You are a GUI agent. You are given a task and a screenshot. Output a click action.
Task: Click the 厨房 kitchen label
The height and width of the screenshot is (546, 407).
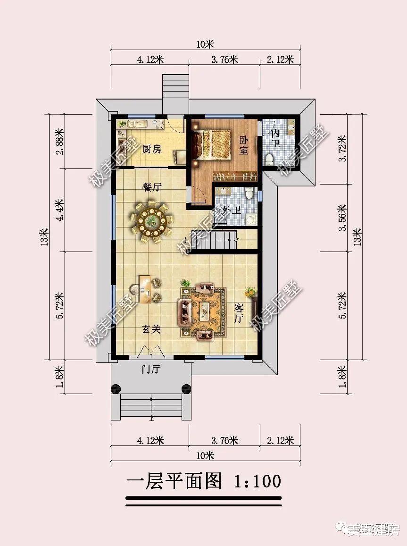click(x=151, y=149)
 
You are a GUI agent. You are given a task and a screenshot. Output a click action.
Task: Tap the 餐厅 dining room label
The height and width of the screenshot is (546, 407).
click(x=152, y=187)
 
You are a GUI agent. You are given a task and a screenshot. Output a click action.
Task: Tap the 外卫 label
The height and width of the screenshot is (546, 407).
click(x=232, y=210)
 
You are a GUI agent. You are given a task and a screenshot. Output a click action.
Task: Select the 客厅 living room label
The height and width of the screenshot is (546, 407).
click(x=239, y=314)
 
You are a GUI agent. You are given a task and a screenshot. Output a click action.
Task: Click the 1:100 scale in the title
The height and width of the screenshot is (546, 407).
click(x=257, y=481)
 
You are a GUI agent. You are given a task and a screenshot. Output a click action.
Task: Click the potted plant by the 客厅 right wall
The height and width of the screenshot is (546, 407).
click(x=250, y=292)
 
